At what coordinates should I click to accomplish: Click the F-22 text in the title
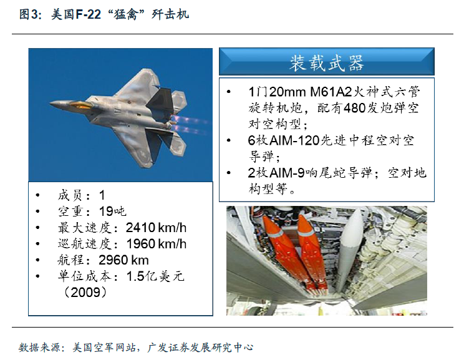pyautogui.click(x=88, y=14)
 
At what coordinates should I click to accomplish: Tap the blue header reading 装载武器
pyautogui.click(x=327, y=62)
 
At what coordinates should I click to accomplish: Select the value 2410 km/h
pyautogui.click(x=156, y=228)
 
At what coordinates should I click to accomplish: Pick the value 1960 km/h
pyautogui.click(x=157, y=244)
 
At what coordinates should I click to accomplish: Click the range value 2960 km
pyautogui.click(x=123, y=260)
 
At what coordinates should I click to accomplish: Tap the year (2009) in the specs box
pyautogui.click(x=85, y=292)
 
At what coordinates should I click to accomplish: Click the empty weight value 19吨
pyautogui.click(x=112, y=212)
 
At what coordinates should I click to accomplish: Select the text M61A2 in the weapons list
pyautogui.click(x=331, y=92)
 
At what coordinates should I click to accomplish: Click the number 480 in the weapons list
pyautogui.click(x=355, y=108)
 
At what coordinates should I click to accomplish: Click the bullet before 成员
pyautogui.click(x=37, y=195)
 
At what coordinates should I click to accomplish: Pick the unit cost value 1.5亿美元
pyautogui.click(x=155, y=276)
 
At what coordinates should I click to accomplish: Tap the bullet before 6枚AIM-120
pyautogui.click(x=229, y=140)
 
